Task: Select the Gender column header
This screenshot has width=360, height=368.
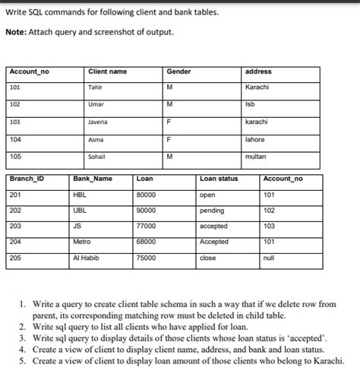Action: pyautogui.click(x=178, y=71)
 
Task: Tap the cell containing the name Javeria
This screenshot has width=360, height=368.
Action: pyautogui.click(x=97, y=122)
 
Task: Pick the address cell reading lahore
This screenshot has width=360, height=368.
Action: pyautogui.click(x=254, y=139)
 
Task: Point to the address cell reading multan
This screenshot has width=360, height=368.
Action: pyautogui.click(x=255, y=156)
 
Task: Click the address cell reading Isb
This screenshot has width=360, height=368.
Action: pyautogui.click(x=251, y=104)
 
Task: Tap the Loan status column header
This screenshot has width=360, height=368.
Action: pyautogui.click(x=219, y=179)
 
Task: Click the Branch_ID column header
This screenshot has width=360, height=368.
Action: pyautogui.click(x=27, y=179)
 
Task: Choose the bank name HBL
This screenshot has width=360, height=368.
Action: pyautogui.click(x=79, y=195)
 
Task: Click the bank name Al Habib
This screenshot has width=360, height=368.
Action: pyautogui.click(x=85, y=258)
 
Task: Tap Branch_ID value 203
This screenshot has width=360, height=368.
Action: pyautogui.click(x=14, y=226)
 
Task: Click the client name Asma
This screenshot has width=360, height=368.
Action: pyautogui.click(x=95, y=139)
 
